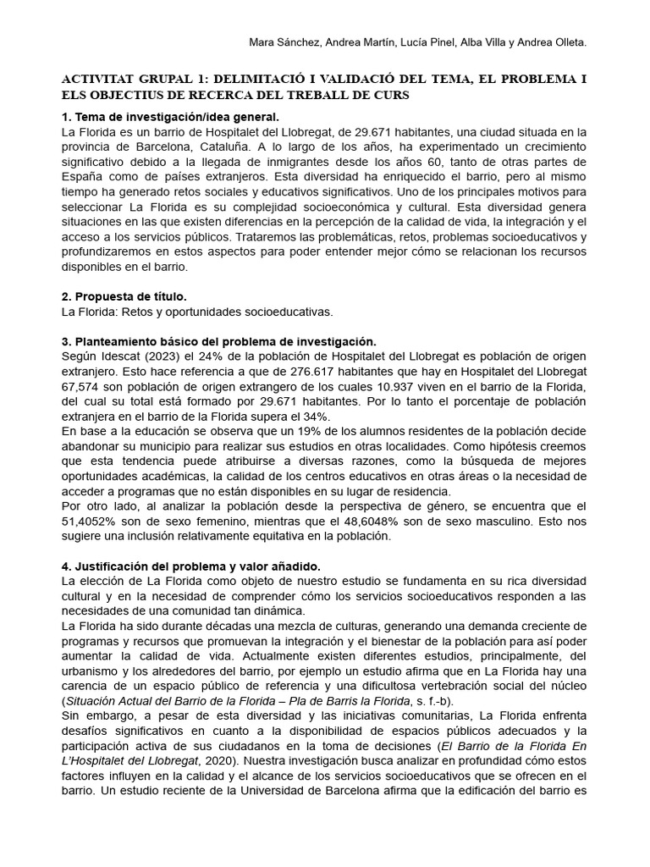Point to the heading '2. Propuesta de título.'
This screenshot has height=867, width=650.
124,295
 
